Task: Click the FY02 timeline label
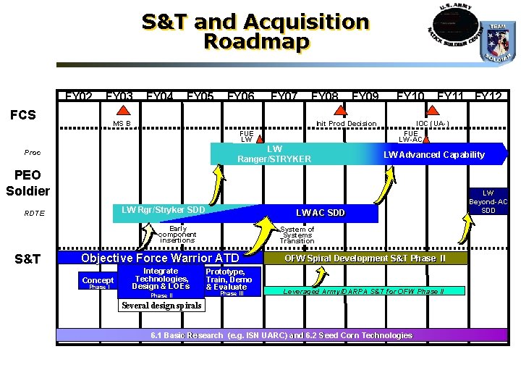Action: coord(79,97)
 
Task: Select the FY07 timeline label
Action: coord(284,97)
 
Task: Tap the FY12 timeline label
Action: coord(488,97)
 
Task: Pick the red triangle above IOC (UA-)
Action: coord(433,111)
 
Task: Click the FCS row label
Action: coord(22,115)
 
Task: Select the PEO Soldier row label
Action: coord(27,183)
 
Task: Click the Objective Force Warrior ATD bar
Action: coord(160,258)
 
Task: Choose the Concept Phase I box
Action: coord(98,283)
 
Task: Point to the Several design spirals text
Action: coord(161,306)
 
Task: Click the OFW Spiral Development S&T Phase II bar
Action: coord(365,258)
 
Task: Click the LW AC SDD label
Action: coord(321,213)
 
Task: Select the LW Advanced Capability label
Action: coord(433,154)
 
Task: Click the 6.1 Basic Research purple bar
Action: coord(281,335)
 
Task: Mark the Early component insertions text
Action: coord(177,235)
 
